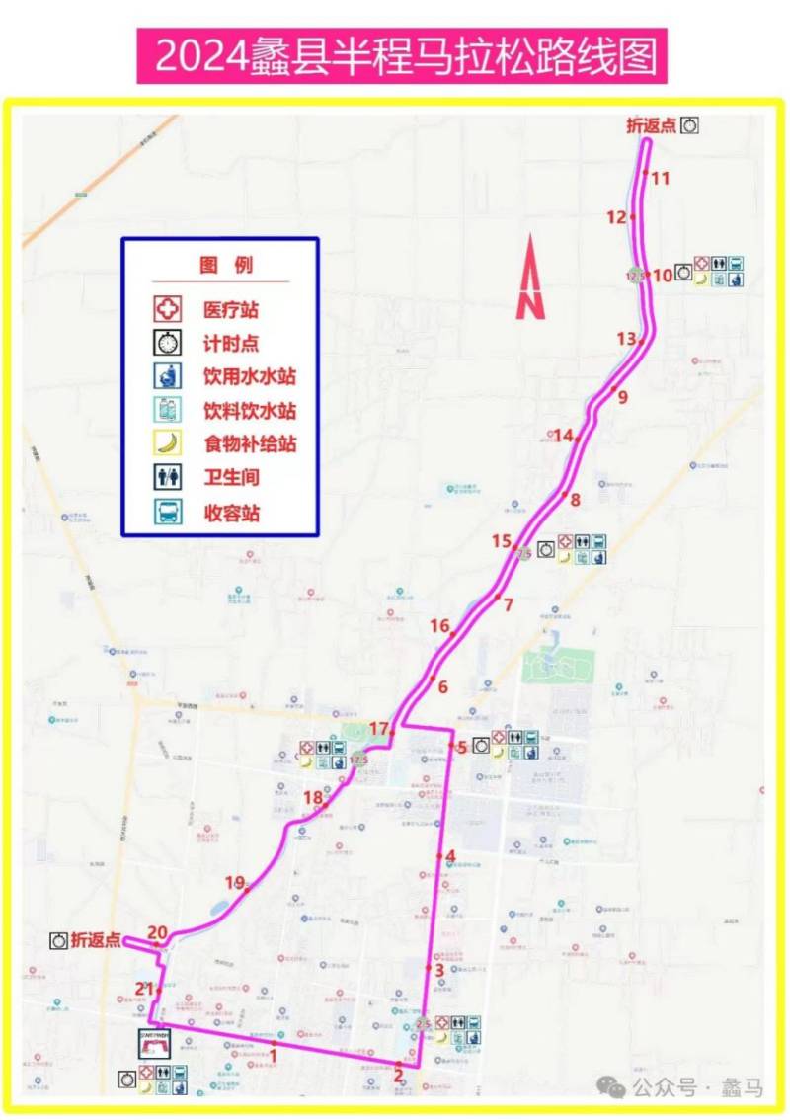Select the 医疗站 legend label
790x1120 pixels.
230,310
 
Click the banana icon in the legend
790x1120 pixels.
169,443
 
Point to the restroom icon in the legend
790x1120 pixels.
169,477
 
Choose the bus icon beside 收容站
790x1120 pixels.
169,512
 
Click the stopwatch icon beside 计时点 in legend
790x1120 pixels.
169,343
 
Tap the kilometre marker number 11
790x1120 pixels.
660,179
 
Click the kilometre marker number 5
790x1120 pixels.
461,748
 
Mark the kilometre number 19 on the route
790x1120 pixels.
234,883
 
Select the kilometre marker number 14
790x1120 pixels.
563,436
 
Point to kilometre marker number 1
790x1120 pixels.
274,1056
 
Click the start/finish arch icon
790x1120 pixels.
155,1044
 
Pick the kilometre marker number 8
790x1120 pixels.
575,500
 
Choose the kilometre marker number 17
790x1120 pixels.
378,729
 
